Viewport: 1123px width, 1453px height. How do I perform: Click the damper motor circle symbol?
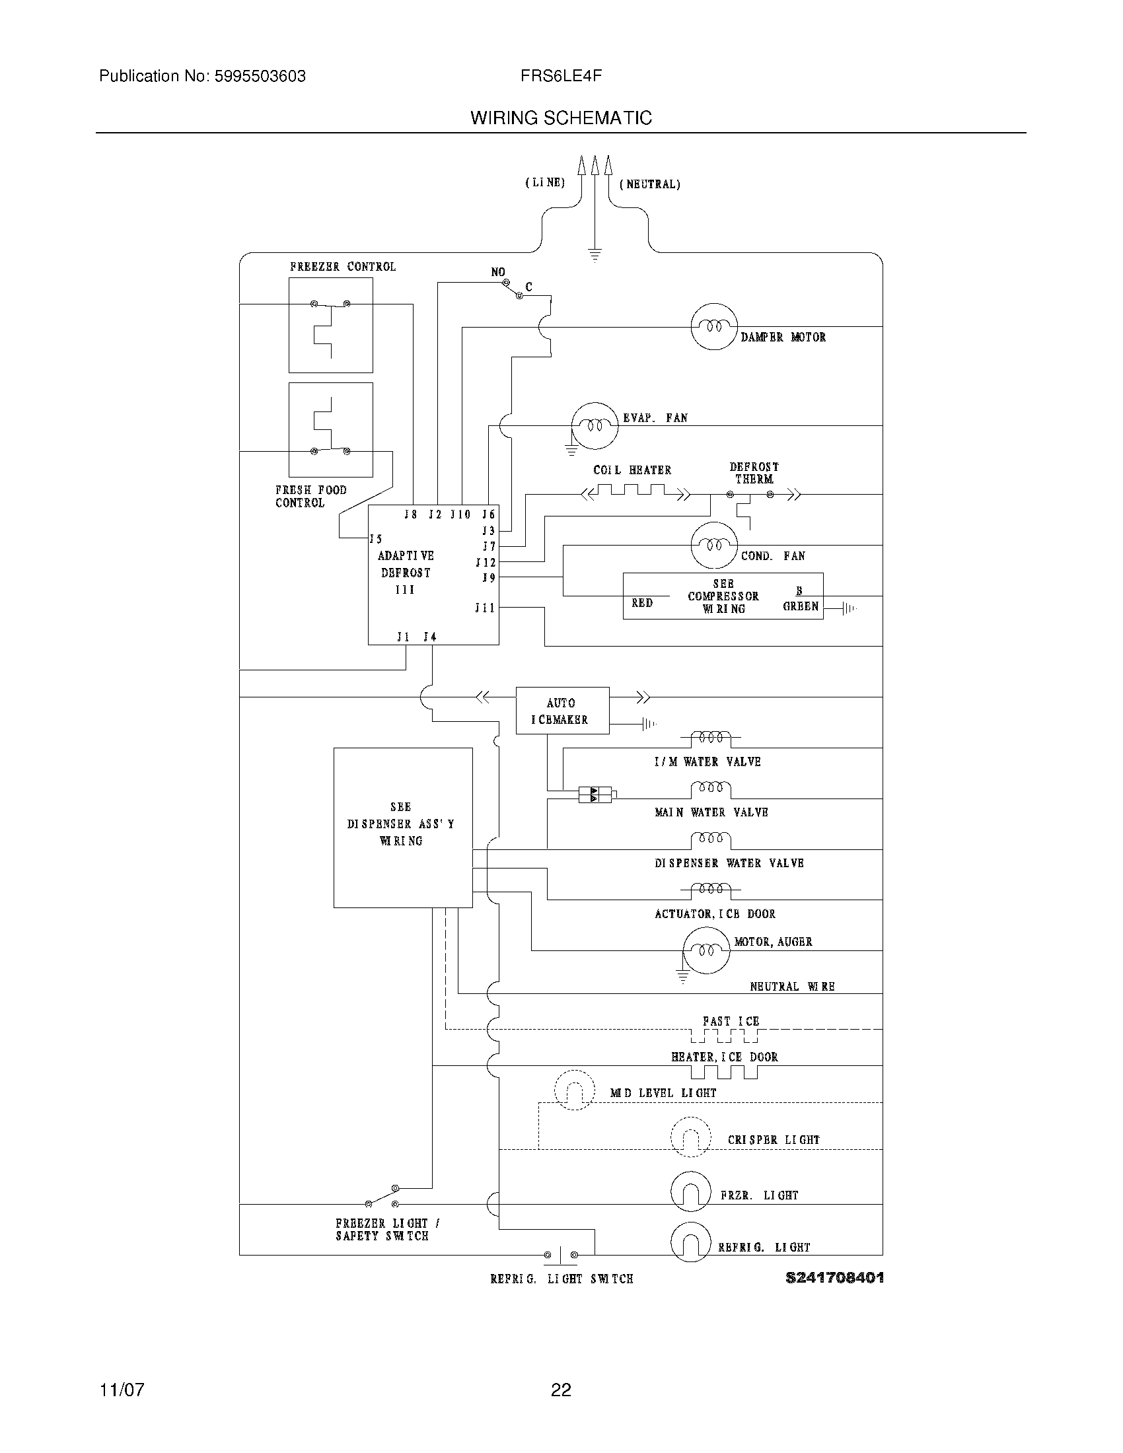click(714, 327)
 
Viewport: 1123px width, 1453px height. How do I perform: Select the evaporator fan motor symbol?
click(595, 426)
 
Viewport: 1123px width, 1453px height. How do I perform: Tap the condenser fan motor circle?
click(714, 546)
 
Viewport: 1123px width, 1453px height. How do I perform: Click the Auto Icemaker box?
click(562, 711)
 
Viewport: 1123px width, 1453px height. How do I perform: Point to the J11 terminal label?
click(485, 608)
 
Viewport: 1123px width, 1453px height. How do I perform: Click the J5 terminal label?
click(377, 539)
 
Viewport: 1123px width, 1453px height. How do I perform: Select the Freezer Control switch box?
click(331, 325)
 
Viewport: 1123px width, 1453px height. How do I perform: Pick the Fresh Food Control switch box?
click(331, 430)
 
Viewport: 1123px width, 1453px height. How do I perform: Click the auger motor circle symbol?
click(706, 950)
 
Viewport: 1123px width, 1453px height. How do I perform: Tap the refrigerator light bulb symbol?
click(690, 1242)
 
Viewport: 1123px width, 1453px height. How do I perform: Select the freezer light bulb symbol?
click(690, 1191)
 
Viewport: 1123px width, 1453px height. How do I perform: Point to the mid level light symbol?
click(574, 1090)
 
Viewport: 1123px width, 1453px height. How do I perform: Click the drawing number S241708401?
click(834, 1277)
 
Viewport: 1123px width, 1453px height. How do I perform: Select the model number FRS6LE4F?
click(561, 76)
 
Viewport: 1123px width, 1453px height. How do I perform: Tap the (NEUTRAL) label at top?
click(649, 184)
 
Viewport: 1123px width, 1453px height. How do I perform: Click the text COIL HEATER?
click(632, 470)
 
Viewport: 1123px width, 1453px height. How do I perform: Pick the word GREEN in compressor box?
click(801, 606)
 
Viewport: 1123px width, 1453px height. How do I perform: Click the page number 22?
click(561, 1390)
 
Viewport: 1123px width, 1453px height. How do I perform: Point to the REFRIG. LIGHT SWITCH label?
click(561, 1279)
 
